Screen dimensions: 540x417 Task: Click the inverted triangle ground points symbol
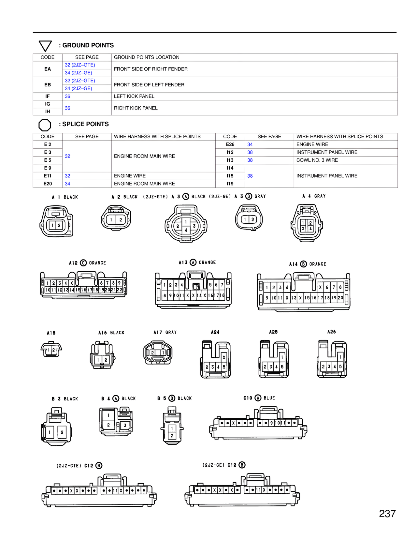point(45,46)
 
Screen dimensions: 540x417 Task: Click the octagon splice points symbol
point(45,125)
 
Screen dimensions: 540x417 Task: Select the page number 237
point(387,514)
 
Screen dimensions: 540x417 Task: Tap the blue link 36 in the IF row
point(67,96)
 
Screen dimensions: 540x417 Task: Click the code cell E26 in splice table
point(230,144)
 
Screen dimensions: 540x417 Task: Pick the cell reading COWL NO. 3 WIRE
point(317,160)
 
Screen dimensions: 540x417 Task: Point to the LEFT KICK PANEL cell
point(134,96)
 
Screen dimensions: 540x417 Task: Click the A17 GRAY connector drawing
point(158,352)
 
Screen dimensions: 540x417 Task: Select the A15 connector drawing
point(51,350)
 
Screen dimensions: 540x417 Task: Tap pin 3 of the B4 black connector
point(125,425)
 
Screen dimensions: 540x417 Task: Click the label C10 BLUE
point(259,398)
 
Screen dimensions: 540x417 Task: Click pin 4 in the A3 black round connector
point(186,230)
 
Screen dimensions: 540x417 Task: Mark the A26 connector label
point(331,332)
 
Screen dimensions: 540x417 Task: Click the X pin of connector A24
point(224,357)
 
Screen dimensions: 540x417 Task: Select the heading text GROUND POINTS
point(88,45)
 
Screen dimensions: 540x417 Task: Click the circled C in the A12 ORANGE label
point(83,263)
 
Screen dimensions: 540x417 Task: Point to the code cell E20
point(48,184)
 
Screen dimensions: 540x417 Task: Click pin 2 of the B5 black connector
point(172,436)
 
